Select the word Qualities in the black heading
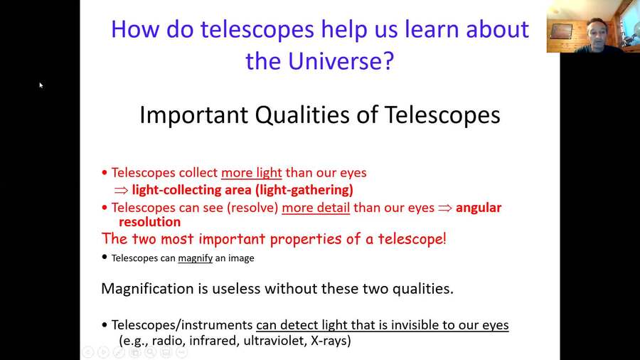[321, 115]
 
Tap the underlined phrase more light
[252, 172]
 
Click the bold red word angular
[479, 208]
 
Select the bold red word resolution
[150, 222]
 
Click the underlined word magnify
[195, 258]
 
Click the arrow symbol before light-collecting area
[122, 191]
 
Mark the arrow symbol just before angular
[445, 208]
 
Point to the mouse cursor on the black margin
[41, 85]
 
